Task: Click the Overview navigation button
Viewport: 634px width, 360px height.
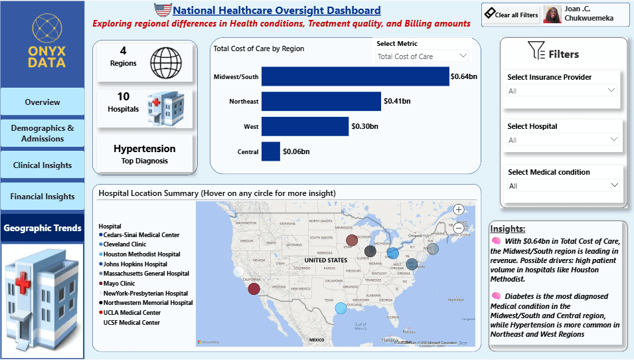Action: [42, 102]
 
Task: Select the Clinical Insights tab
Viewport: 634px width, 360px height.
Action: [42, 165]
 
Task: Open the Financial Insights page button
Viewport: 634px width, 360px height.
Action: [42, 197]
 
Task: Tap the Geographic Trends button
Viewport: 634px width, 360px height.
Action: [42, 228]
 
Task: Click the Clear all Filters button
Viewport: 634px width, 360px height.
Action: [511, 14]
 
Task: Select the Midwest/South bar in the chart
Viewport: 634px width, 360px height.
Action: [355, 76]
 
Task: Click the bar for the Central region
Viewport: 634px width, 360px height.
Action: [271, 151]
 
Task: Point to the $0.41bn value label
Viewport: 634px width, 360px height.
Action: [397, 101]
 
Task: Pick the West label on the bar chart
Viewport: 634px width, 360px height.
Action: [251, 126]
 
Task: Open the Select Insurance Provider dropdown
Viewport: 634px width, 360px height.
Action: [562, 91]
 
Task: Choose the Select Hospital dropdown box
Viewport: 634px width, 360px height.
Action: [562, 140]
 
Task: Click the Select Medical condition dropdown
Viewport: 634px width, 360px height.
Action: [562, 186]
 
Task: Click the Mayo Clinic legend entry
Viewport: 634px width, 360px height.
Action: [119, 284]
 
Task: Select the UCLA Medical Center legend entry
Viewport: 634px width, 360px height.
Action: [131, 313]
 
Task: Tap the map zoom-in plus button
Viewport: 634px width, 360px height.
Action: [458, 209]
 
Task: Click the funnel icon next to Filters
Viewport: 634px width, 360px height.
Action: [536, 50]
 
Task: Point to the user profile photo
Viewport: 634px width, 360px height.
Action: [552, 15]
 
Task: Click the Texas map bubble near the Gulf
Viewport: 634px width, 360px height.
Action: [341, 308]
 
